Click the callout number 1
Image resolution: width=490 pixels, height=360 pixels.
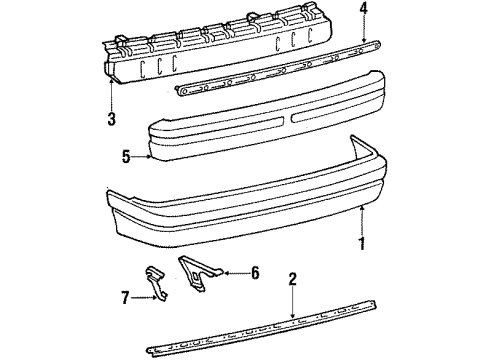tap(362, 241)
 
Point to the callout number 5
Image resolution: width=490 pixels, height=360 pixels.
tap(127, 156)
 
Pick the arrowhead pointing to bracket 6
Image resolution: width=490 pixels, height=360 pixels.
tap(222, 271)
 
